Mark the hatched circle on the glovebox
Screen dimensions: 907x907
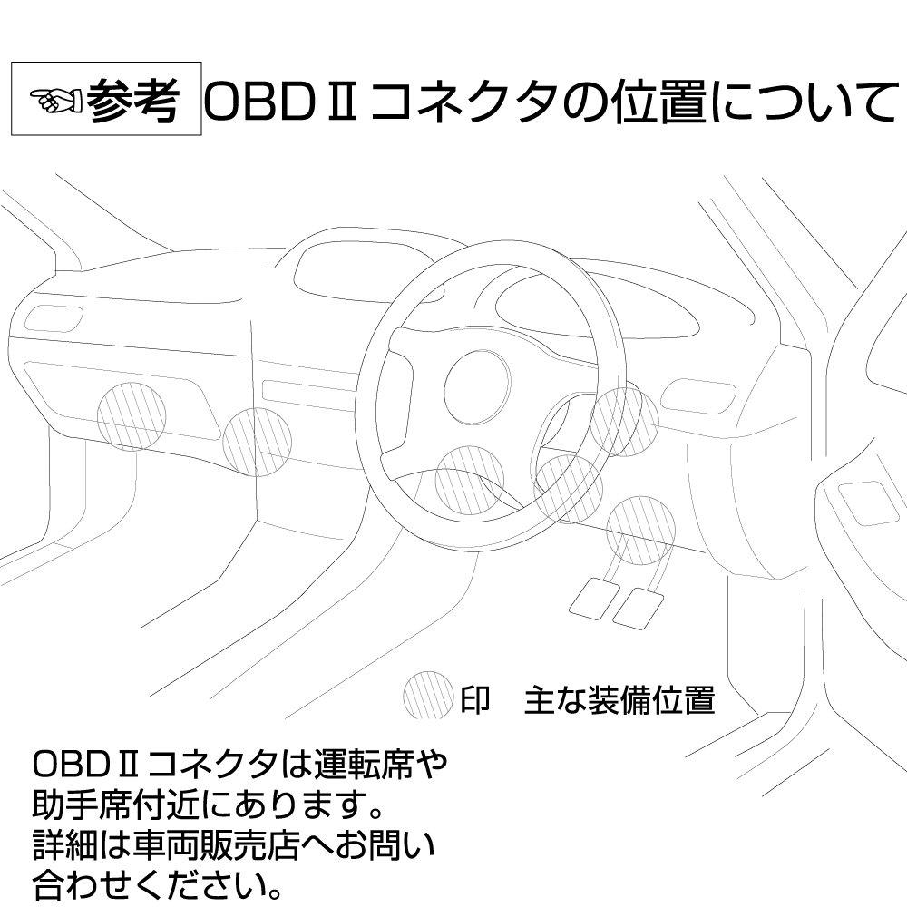pyautogui.click(x=132, y=416)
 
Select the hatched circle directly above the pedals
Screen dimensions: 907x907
pyautogui.click(x=641, y=530)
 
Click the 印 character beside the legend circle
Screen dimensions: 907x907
pyautogui.click(x=475, y=699)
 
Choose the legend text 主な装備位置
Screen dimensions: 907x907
pyautogui.click(x=619, y=699)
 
